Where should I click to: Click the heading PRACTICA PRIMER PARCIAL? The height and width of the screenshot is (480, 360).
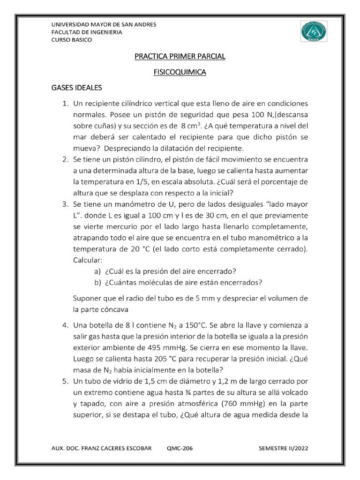click(180, 56)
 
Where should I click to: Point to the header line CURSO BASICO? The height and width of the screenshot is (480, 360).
click(71, 40)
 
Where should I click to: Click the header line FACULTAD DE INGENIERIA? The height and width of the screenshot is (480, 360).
click(86, 32)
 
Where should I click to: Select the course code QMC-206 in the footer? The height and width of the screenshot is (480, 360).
click(180, 448)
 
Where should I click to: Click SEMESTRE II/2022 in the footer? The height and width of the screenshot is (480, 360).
click(284, 448)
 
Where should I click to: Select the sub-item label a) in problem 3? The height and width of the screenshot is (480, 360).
click(97, 271)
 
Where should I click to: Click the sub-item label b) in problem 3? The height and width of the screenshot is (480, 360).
click(97, 282)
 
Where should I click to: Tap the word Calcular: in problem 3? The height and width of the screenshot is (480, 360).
click(88, 260)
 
